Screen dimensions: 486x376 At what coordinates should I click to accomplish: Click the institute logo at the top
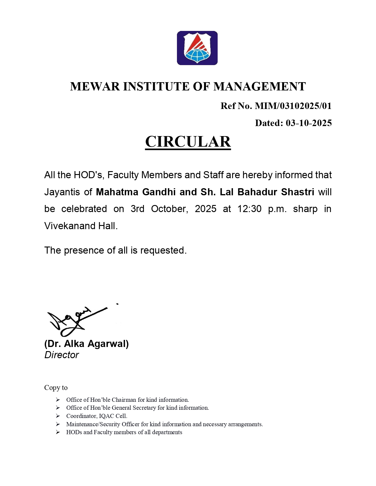(197, 48)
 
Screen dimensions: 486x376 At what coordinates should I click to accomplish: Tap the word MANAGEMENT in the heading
(260, 87)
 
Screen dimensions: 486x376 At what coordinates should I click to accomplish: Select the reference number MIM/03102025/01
(293, 106)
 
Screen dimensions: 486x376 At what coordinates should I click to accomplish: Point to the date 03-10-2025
(309, 123)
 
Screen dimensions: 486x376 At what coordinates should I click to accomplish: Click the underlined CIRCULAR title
(188, 142)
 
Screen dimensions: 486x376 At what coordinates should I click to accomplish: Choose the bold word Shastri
(298, 192)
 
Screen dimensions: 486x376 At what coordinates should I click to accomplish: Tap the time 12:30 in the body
(249, 209)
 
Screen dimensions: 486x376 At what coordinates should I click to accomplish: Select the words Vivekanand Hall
(81, 226)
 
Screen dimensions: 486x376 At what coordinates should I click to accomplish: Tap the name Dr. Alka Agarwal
(86, 344)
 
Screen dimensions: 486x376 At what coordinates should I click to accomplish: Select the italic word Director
(62, 355)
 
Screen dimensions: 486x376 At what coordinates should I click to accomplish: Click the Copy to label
(56, 388)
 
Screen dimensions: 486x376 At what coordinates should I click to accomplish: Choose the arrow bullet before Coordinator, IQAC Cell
(58, 416)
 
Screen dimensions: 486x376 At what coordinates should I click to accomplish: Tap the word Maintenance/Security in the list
(93, 424)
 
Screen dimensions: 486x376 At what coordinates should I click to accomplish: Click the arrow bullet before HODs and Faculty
(58, 432)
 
